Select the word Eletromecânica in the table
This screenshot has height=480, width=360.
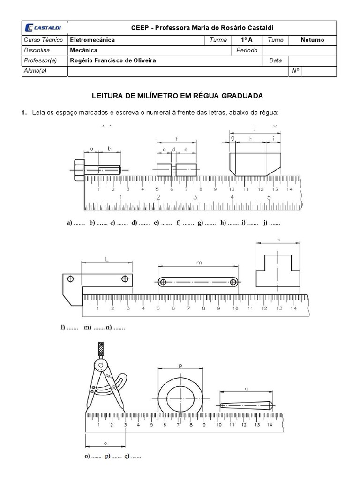(x=92, y=40)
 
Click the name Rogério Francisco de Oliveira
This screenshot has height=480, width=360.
(x=113, y=60)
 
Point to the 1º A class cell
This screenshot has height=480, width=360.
(x=247, y=40)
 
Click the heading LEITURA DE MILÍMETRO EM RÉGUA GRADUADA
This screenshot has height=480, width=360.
(x=180, y=96)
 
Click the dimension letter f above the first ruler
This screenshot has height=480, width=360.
(x=176, y=139)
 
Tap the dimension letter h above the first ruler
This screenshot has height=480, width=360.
(x=251, y=138)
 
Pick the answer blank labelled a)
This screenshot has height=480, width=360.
(x=79, y=223)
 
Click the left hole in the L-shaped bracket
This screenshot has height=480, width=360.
(x=70, y=279)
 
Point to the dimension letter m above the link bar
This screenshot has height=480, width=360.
(x=199, y=263)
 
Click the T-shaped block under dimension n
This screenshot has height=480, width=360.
(x=278, y=271)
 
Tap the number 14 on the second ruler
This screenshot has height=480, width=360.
(x=293, y=308)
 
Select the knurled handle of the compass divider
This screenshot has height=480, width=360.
(x=100, y=349)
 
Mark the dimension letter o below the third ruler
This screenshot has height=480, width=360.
(x=105, y=442)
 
